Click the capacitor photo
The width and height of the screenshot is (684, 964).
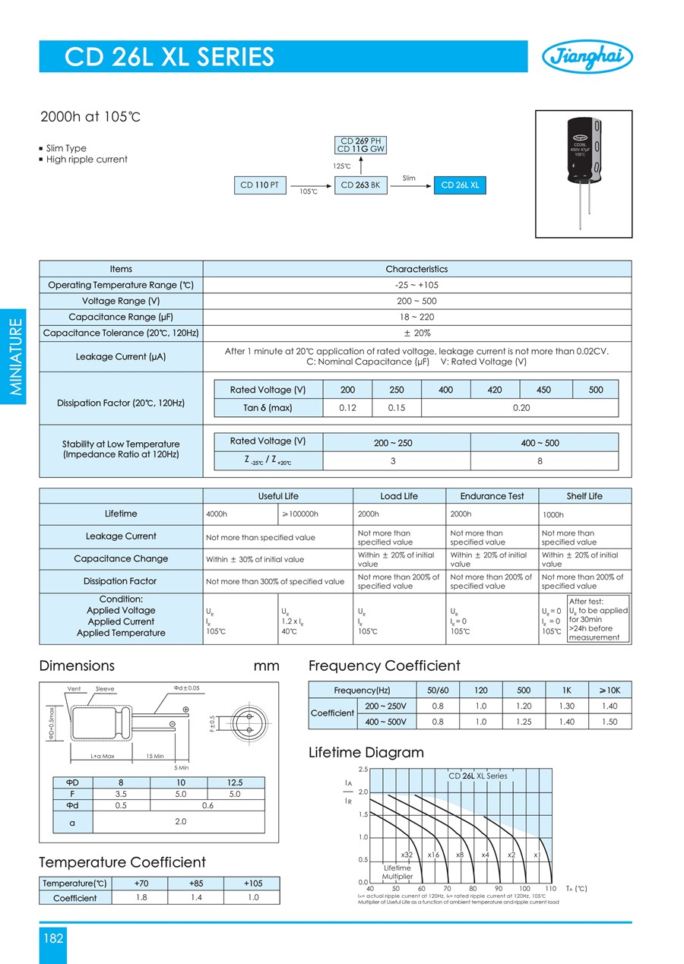tap(583, 173)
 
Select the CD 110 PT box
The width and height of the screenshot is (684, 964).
tap(260, 185)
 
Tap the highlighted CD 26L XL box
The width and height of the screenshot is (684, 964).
tap(460, 185)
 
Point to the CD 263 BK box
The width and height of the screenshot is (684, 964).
tap(360, 185)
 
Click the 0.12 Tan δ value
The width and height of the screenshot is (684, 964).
tap(347, 408)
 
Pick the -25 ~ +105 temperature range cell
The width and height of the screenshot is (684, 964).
tap(416, 285)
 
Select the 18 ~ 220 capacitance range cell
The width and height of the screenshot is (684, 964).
tap(416, 317)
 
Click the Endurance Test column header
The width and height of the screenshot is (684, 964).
tap(492, 496)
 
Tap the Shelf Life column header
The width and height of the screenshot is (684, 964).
tap(584, 496)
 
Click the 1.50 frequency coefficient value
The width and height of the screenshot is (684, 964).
tap(610, 722)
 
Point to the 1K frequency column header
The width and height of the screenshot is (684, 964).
tap(566, 690)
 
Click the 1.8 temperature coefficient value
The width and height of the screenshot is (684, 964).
tap(141, 897)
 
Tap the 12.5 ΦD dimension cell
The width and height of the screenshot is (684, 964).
tap(234, 782)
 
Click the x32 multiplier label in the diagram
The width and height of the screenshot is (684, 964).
tap(407, 855)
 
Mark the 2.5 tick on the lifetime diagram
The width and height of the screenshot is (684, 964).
tap(363, 770)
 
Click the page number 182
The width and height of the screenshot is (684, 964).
tap(52, 938)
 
